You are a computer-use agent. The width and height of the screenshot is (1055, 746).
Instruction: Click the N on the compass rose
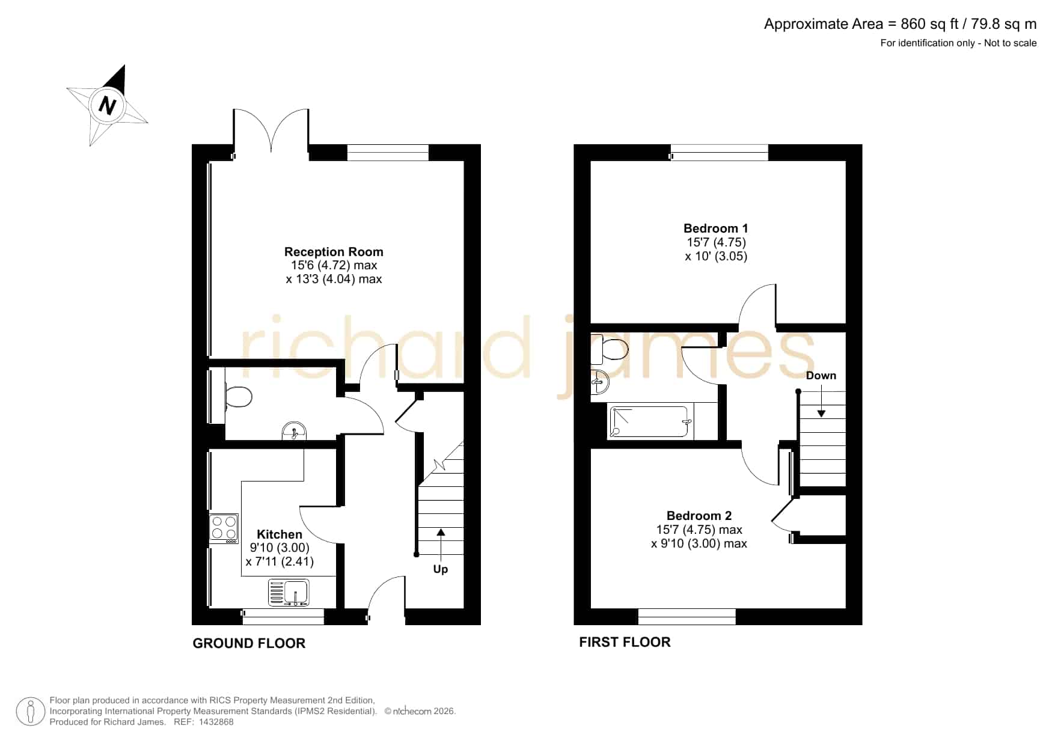107,106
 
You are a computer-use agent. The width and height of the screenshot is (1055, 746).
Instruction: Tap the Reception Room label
334,252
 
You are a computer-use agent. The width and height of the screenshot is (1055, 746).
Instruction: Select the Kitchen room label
280,534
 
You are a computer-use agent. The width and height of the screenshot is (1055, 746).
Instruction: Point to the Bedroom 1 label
716,228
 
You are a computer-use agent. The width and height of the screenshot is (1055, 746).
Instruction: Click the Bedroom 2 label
699,516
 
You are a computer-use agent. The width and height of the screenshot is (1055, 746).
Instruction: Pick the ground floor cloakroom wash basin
294,431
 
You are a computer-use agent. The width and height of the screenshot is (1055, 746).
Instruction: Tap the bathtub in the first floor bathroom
650,422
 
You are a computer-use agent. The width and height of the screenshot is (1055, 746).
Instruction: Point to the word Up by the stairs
441,569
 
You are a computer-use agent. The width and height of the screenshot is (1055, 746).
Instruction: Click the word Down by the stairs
821,376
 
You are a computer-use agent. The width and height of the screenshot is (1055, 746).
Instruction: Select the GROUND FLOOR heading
249,643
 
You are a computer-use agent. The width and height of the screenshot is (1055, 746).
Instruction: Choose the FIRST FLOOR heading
625,642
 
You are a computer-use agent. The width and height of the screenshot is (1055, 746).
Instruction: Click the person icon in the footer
30,711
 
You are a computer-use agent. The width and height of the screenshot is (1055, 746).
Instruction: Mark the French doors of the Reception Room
271,130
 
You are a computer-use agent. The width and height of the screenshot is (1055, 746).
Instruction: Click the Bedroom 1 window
720,153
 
